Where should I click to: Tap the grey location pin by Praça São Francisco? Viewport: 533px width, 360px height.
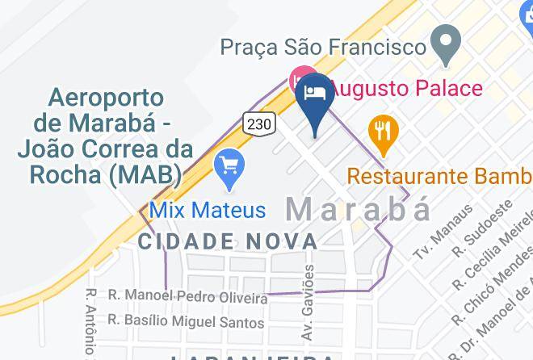pos(445,44)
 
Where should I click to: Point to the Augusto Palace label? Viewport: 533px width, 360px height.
pos(408,87)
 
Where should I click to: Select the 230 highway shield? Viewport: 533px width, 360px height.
pos(260,123)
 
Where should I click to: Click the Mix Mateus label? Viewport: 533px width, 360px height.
pos(208,211)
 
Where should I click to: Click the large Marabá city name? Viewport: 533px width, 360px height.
pos(359,210)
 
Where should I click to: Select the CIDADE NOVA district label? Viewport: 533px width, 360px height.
pos(228,241)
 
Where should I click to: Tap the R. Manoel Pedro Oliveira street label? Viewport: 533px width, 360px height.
pos(187,297)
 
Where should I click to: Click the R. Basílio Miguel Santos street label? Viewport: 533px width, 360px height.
pos(186,322)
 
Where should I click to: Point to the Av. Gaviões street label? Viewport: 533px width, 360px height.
pos(308,311)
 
